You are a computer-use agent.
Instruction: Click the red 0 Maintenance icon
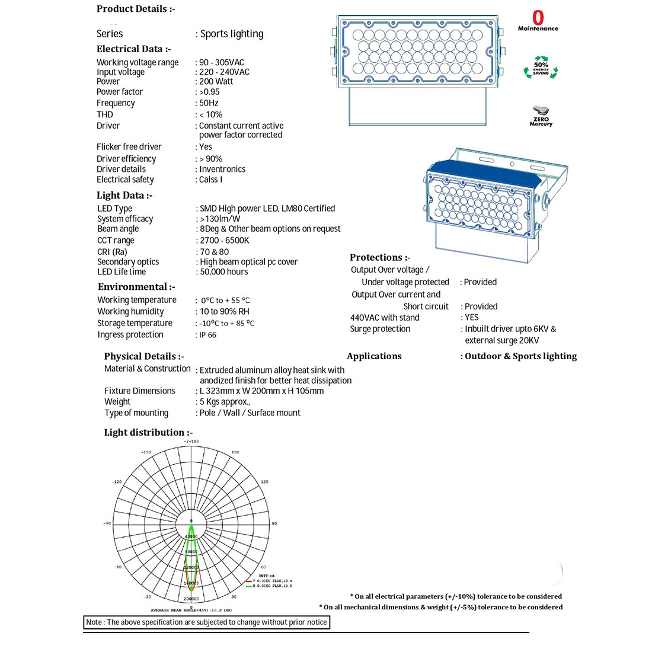pyautogui.click(x=538, y=21)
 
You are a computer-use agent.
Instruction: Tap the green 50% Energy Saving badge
pyautogui.click(x=541, y=69)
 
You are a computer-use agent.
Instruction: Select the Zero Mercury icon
pyautogui.click(x=541, y=116)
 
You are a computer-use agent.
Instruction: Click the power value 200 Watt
pyautogui.click(x=216, y=82)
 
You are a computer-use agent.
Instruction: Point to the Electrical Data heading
pyautogui.click(x=133, y=49)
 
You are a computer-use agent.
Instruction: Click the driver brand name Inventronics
pyautogui.click(x=222, y=170)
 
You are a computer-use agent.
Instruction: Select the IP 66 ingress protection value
pyautogui.click(x=207, y=335)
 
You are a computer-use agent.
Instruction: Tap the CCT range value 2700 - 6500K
pyautogui.click(x=224, y=241)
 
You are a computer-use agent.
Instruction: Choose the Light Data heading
pyautogui.click(x=124, y=196)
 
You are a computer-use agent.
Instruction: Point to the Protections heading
pyautogui.click(x=380, y=257)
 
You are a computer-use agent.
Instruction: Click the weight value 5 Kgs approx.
pyautogui.click(x=225, y=402)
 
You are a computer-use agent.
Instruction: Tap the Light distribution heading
pyautogui.click(x=148, y=433)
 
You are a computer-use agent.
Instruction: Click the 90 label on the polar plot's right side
pyautogui.click(x=274, y=524)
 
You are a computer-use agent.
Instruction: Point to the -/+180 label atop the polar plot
pyautogui.click(x=191, y=442)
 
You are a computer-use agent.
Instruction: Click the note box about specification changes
pyautogui.click(x=206, y=622)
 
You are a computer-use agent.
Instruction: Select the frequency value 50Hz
pyautogui.click(x=209, y=103)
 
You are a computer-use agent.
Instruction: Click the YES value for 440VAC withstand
pyautogui.click(x=472, y=318)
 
